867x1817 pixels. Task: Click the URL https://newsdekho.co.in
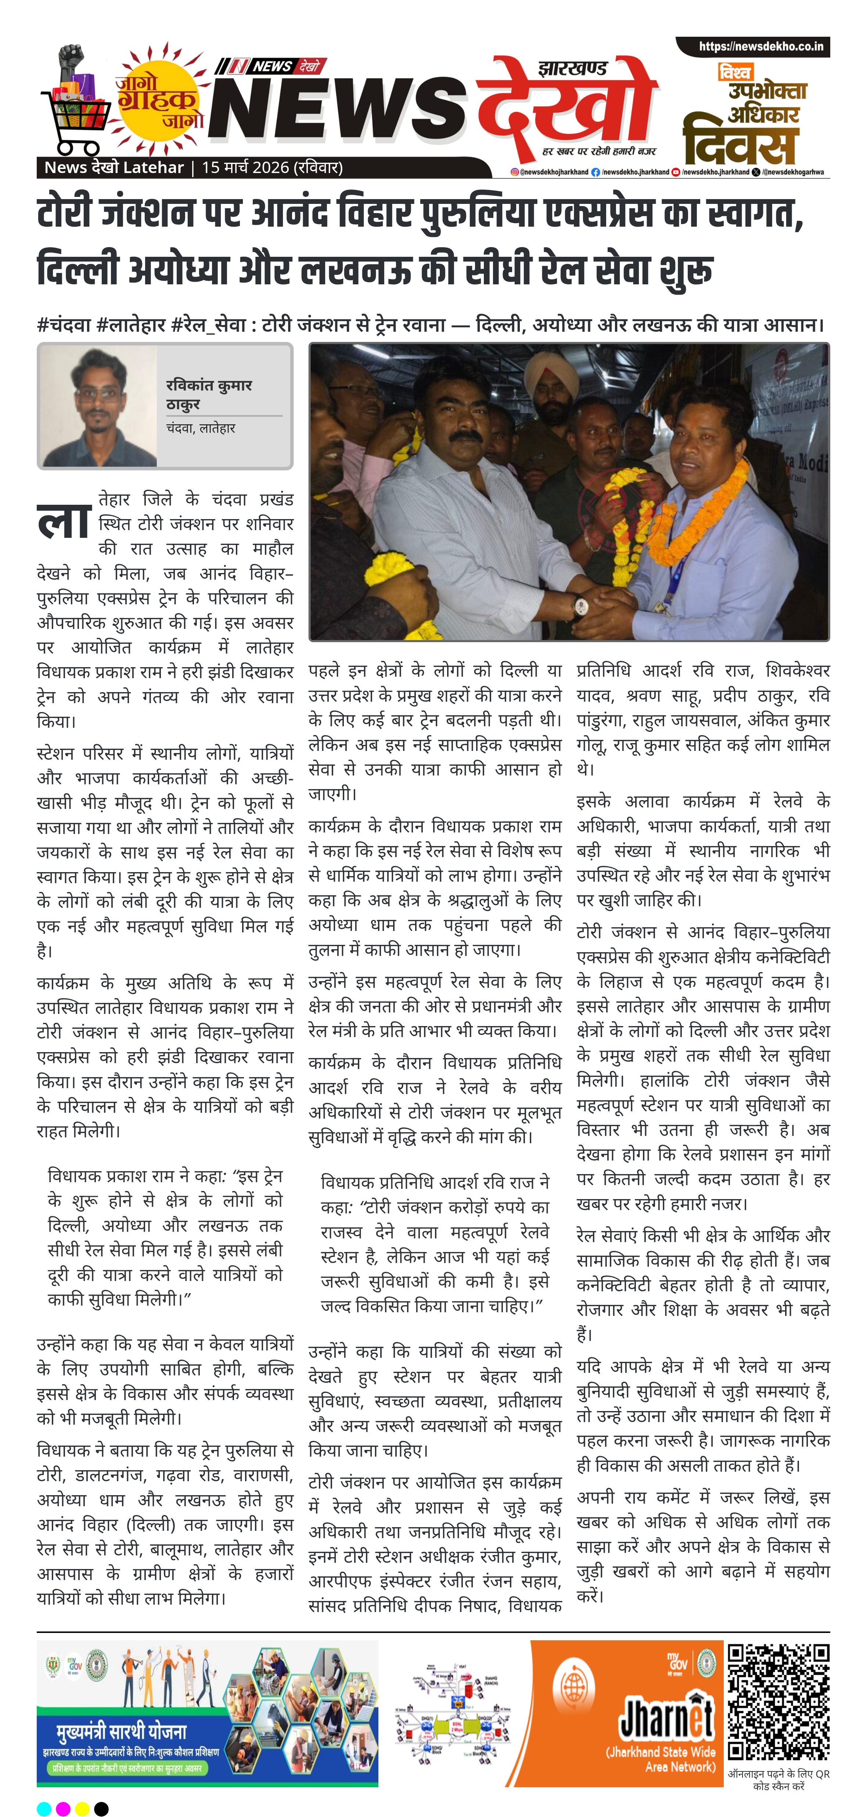[760, 47]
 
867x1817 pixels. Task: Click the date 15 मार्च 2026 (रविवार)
[272, 168]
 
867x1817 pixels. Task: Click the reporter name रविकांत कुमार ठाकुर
[209, 394]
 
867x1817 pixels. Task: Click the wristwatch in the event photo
[580, 604]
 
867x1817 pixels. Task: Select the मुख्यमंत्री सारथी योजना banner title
[122, 1731]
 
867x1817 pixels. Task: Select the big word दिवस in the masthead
[739, 143]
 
